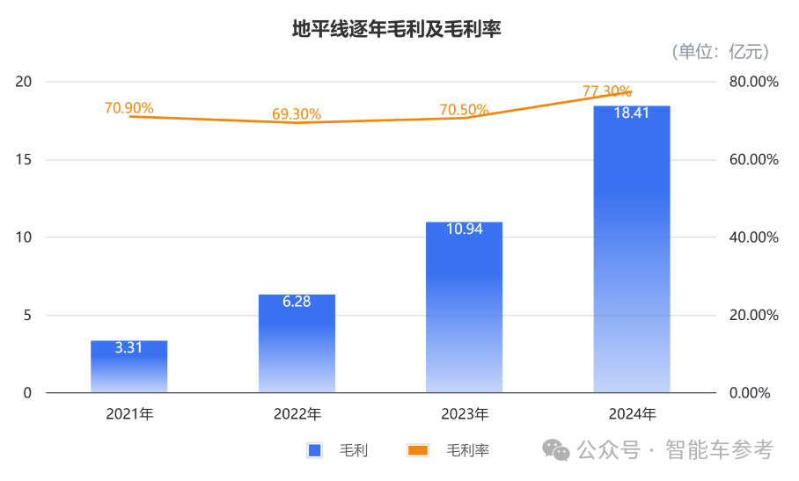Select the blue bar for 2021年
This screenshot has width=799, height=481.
pyautogui.click(x=129, y=368)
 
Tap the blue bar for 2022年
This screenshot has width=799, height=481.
pyautogui.click(x=297, y=345)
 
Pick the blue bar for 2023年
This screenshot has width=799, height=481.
pyautogui.click(x=464, y=308)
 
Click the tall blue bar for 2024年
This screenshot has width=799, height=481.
pyautogui.click(x=632, y=255)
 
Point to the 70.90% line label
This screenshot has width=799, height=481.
pyautogui.click(x=128, y=107)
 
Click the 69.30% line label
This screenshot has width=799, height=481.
pyautogui.click(x=297, y=114)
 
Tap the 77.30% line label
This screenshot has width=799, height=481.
pyautogui.click(x=607, y=91)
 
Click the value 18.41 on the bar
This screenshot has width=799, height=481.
pyautogui.click(x=632, y=113)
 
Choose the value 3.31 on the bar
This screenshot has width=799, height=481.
pyautogui.click(x=129, y=347)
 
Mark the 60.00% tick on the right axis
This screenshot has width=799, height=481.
pyautogui.click(x=754, y=160)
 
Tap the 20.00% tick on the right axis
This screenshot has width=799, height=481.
pyautogui.click(x=754, y=316)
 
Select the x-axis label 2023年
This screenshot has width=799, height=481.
pyautogui.click(x=464, y=414)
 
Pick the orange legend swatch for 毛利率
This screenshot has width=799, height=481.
pyautogui.click(x=418, y=450)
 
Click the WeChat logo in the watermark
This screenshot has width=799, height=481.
pyautogui.click(x=556, y=450)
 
